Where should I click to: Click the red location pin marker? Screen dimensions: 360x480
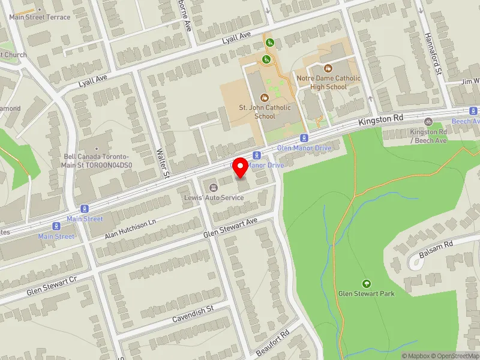(241, 168)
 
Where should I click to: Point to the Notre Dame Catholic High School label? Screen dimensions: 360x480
(328, 82)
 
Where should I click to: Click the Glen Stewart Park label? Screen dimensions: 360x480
(365, 293)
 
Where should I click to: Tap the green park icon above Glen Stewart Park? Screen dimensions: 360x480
(366, 283)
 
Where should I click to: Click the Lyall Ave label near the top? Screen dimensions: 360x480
(236, 37)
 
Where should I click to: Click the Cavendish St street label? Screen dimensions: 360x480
(193, 313)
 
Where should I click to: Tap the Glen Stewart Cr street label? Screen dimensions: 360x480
(52, 287)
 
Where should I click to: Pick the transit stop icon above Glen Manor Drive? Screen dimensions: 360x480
(304, 137)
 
